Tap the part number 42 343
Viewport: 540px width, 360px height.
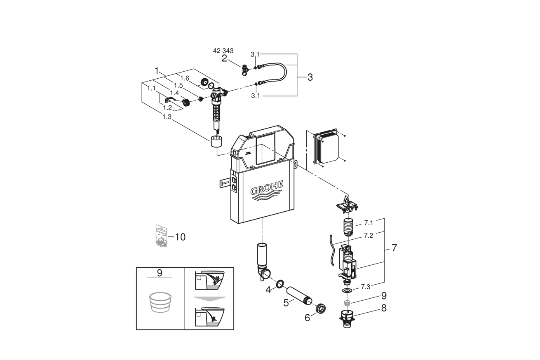click(223, 51)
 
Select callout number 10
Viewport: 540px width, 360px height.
click(180, 237)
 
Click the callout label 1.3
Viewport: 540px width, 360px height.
click(167, 117)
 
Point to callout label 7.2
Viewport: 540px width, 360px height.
click(369, 236)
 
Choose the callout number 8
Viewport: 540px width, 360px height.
click(384, 308)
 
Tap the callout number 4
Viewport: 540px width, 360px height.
click(268, 290)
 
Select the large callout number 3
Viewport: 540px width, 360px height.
click(310, 77)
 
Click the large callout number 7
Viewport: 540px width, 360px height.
click(394, 248)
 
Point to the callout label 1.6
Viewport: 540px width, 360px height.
click(184, 78)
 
